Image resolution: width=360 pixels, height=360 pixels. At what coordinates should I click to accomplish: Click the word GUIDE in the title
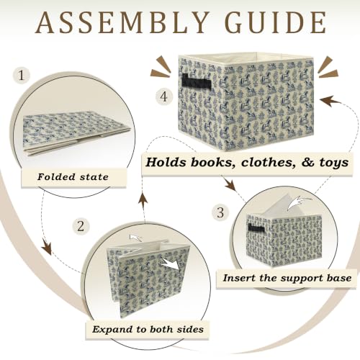click(275, 22)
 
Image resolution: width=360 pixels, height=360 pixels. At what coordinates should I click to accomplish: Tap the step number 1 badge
click(22, 76)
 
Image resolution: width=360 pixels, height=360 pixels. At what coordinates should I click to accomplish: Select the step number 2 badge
click(81, 226)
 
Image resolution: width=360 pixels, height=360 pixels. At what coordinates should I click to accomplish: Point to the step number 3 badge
click(220, 212)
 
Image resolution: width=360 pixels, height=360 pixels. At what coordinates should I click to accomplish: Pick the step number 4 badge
click(164, 97)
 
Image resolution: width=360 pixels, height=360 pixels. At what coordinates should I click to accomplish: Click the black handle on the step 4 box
click(197, 82)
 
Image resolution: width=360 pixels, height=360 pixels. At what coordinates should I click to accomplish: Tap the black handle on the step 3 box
click(256, 229)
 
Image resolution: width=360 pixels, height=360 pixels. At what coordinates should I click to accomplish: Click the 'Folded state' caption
click(73, 177)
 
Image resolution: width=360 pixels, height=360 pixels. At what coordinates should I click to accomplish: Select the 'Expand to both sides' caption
click(148, 329)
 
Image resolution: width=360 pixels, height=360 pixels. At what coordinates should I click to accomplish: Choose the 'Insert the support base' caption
click(287, 278)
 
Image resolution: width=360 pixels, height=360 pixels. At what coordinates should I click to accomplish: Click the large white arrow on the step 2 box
click(171, 264)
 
